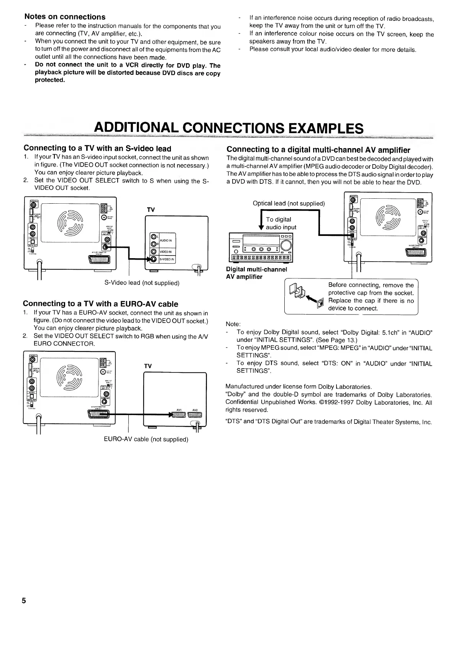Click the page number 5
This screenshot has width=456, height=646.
tap(24, 601)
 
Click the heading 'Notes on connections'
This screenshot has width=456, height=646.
tap(65, 17)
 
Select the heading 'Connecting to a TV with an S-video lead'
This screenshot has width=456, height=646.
tap(97, 148)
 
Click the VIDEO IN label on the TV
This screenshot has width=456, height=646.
tap(166, 252)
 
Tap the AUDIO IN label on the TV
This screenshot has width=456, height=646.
tap(166, 241)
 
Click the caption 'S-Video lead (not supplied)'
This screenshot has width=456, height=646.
tap(142, 283)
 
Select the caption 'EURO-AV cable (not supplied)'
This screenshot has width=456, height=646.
tap(146, 439)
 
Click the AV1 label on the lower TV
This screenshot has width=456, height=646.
tap(179, 410)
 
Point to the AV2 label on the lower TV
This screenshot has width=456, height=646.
tap(195, 410)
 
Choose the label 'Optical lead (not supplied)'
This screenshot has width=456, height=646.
tap(289, 203)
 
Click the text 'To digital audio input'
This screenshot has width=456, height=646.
tap(281, 223)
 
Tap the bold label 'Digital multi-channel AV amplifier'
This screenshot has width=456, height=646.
tap(256, 273)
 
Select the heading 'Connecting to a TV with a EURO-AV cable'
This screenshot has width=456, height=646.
tap(100, 304)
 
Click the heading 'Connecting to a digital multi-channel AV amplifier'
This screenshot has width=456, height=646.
tap(318, 150)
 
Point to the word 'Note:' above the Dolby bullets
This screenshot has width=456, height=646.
tap(233, 324)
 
